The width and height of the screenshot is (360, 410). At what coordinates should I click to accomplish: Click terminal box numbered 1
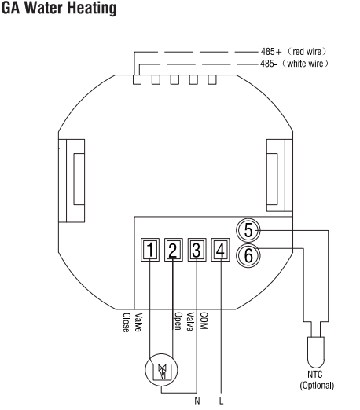(x=150, y=250)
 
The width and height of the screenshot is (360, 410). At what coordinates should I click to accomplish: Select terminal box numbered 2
(x=174, y=250)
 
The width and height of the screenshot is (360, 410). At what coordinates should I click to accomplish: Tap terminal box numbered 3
(x=197, y=250)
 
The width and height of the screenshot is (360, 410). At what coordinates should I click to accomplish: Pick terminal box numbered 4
(x=220, y=250)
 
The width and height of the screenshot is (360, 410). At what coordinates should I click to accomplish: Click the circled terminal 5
(x=248, y=230)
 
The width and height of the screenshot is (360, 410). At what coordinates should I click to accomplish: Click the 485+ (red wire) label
(x=294, y=52)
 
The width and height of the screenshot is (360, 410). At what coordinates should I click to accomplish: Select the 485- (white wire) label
(x=294, y=64)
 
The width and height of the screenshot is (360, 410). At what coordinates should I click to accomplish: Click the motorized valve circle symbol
(x=161, y=370)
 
